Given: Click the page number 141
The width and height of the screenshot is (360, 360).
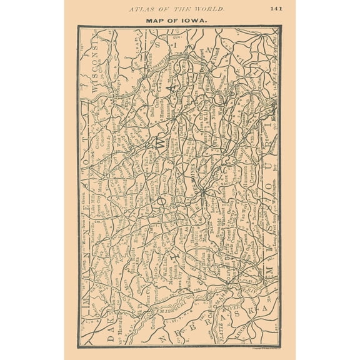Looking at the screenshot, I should click(x=276, y=9).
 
